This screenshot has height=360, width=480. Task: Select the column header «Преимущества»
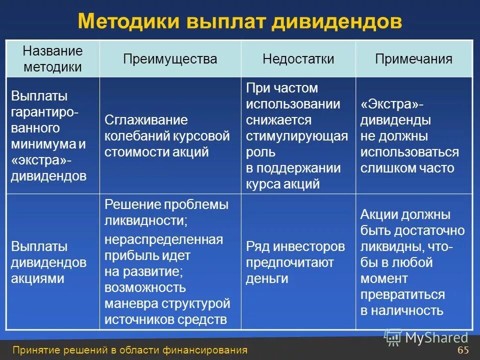[170, 59]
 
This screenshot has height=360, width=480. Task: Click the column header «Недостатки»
[298, 59]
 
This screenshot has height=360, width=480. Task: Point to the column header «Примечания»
[413, 59]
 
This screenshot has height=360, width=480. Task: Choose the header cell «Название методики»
[52, 59]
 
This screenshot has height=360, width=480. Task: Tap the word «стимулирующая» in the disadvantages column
[296, 136]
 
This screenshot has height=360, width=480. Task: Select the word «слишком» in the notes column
[384, 168]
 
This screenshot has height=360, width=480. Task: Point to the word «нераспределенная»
[163, 239]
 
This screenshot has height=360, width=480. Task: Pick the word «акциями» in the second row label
[37, 278]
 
